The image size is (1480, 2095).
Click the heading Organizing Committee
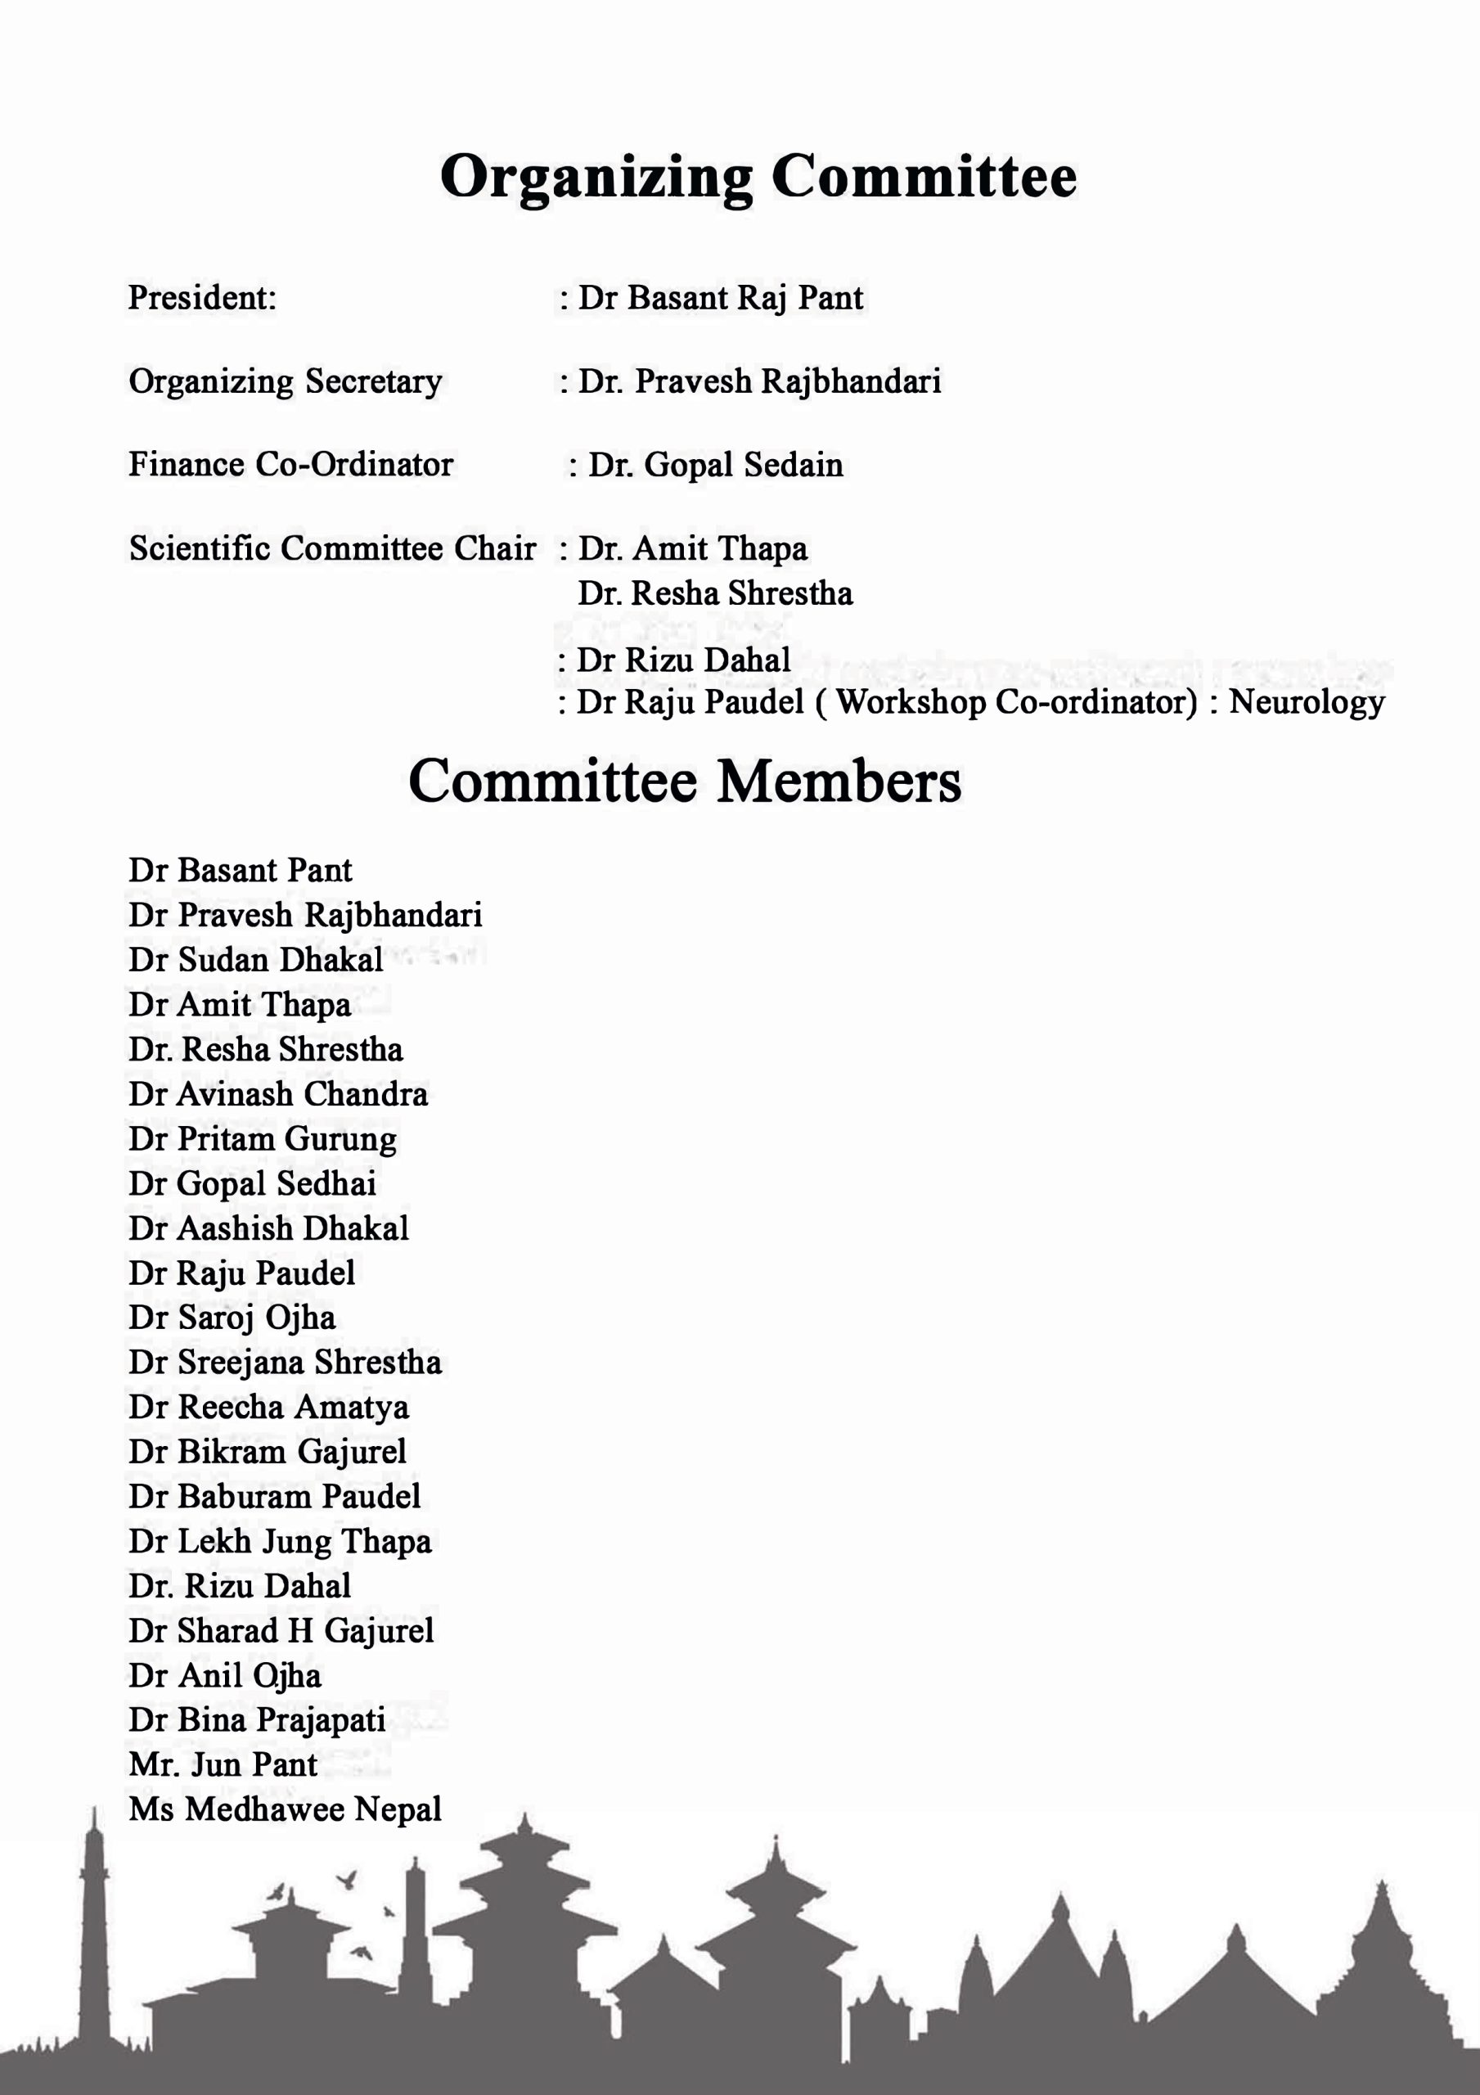click(x=758, y=176)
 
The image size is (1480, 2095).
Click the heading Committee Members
click(x=684, y=781)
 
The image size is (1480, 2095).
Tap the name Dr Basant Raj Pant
click(x=720, y=297)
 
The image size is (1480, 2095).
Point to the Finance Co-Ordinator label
click(x=290, y=465)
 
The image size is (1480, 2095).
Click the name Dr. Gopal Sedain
click(x=714, y=465)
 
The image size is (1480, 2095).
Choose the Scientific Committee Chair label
click(x=332, y=548)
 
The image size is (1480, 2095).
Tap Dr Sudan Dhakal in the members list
click(x=255, y=960)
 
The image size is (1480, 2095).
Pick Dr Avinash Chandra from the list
click(x=277, y=1094)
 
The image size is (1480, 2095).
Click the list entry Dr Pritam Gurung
click(x=262, y=1138)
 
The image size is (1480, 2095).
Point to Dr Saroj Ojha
click(x=232, y=1318)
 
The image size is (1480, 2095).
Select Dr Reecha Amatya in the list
click(x=268, y=1407)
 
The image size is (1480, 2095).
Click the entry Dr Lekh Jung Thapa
click(x=279, y=1541)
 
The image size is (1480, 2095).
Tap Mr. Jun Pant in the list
click(x=223, y=1764)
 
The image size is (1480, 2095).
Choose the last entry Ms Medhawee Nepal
click(x=285, y=1809)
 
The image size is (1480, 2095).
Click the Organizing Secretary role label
click(x=285, y=381)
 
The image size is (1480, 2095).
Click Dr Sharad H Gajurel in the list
click(x=281, y=1630)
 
